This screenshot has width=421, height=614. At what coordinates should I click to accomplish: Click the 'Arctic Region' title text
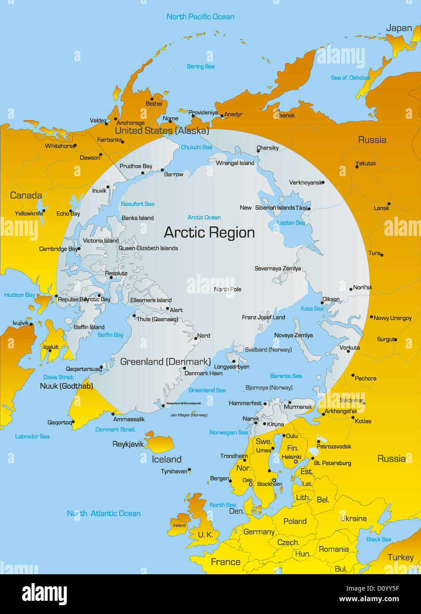coord(209,232)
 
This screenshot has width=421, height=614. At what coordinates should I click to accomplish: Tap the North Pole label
coord(227,289)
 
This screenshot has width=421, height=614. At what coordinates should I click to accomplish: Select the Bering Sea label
coord(200,67)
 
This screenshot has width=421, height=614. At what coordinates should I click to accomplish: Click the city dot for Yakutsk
coord(357,167)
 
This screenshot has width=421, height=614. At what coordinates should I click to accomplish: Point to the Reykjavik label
coord(128,444)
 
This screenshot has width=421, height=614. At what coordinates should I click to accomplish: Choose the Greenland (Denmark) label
coord(165,362)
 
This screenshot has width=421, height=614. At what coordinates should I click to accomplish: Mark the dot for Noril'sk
coord(351,289)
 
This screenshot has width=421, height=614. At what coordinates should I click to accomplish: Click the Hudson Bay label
coord(19,295)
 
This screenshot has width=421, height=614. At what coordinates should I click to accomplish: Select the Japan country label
coord(399,28)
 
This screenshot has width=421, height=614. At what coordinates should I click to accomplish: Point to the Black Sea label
coord(379,539)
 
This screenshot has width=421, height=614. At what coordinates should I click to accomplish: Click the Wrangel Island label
coord(235,163)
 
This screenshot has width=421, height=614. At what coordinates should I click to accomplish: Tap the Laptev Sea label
coord(291,223)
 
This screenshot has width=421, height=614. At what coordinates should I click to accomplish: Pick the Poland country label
coord(295,521)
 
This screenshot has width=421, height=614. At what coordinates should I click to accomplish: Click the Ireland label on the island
coord(179,525)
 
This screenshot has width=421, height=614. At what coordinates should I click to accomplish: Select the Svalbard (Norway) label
coord(268,349)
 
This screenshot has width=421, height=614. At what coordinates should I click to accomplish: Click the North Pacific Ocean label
coord(200,17)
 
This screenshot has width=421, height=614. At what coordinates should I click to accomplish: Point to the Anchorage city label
coord(130,123)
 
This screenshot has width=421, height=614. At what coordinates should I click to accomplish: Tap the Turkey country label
coord(400,557)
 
